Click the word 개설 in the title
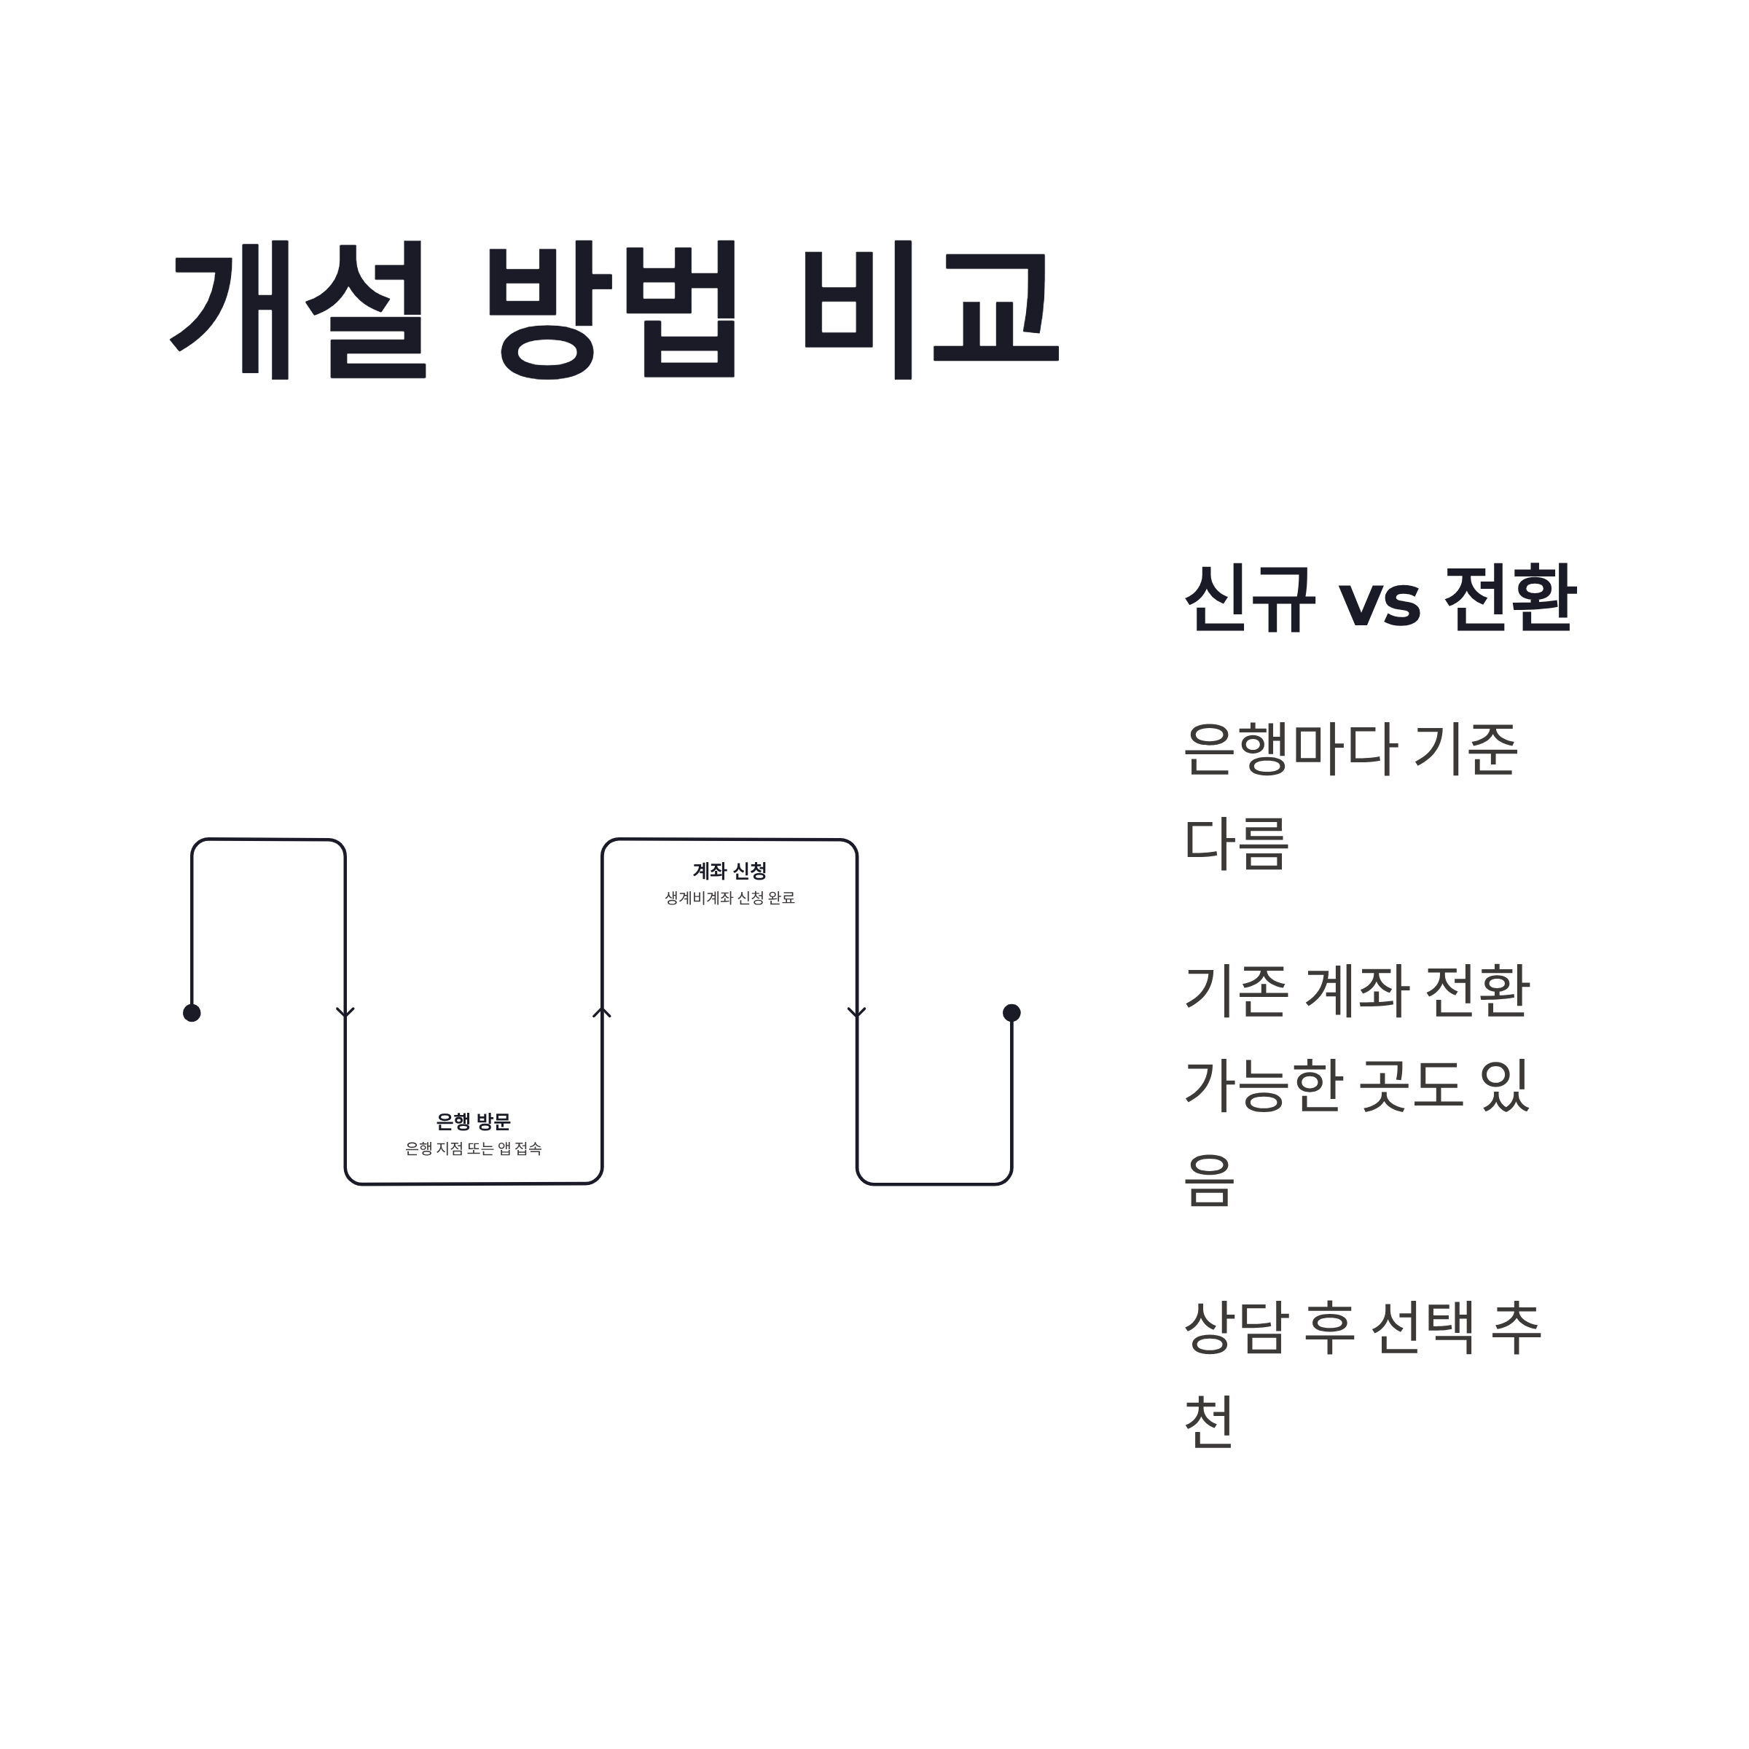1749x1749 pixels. [x=298, y=310]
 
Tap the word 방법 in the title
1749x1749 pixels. [x=612, y=310]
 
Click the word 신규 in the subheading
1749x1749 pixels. [x=1249, y=598]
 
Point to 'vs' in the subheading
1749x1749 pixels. [x=1379, y=602]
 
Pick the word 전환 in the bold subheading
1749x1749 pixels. [x=1510, y=598]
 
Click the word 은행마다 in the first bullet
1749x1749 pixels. [x=1286, y=750]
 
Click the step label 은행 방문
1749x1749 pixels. [x=474, y=1122]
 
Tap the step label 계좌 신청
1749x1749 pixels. [x=729, y=872]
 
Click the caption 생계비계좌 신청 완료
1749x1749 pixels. [x=729, y=898]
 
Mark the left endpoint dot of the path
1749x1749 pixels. [x=192, y=1013]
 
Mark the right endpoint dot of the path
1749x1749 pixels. [x=1012, y=1013]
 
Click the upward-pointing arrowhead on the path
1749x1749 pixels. [x=602, y=1012]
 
